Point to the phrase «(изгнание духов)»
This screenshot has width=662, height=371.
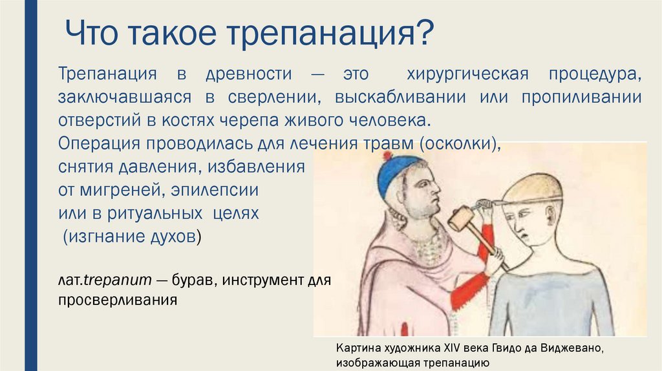(x=133, y=237)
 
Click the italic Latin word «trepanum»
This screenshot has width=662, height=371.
(x=119, y=281)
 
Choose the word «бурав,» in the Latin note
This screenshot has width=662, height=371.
(x=196, y=281)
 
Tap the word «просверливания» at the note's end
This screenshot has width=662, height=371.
(x=117, y=301)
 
